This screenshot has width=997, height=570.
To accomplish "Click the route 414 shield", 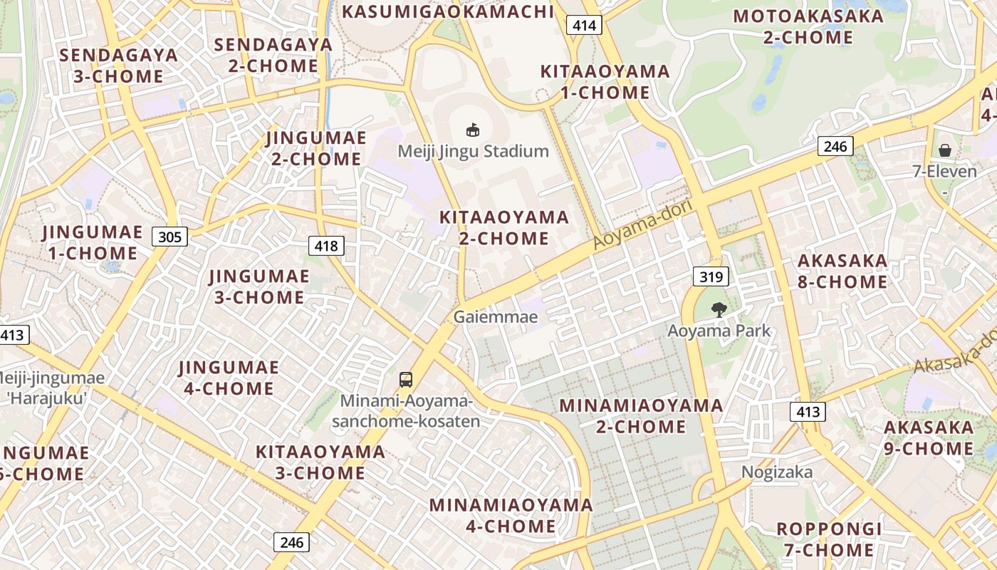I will (x=585, y=26).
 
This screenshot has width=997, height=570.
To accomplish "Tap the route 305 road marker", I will (x=169, y=237).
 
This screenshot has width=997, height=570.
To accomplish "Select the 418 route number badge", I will (x=326, y=247).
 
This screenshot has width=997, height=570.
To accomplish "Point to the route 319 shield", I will (x=710, y=277).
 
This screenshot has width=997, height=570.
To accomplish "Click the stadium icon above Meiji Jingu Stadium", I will (x=472, y=130).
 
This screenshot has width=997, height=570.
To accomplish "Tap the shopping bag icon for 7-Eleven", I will (x=945, y=150).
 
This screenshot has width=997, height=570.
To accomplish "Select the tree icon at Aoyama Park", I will (x=719, y=309).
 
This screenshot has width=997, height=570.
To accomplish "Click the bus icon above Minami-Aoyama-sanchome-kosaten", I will (x=406, y=379).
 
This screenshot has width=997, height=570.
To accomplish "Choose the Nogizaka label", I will (x=776, y=472).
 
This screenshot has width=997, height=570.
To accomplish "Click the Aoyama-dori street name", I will (x=633, y=224).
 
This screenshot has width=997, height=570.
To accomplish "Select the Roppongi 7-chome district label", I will (x=829, y=539).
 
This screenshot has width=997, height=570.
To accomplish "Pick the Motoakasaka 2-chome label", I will (x=808, y=26).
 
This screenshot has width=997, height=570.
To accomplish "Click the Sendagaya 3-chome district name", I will (x=118, y=66).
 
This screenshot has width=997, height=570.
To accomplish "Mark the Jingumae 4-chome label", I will (x=229, y=378).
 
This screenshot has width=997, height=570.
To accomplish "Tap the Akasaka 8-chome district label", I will (x=842, y=271).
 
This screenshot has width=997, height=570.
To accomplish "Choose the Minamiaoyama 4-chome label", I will (x=511, y=516).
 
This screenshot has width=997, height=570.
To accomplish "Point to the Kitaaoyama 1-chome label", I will (x=605, y=82).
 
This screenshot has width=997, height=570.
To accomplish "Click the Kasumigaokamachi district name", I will (x=448, y=11).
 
